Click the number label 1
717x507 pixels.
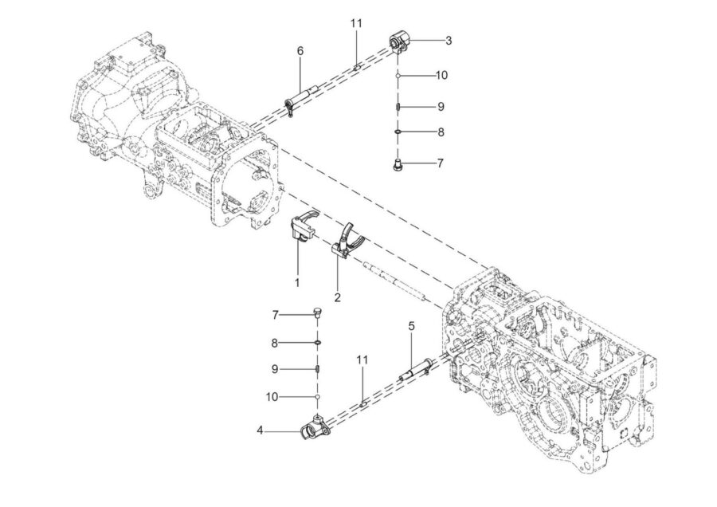point(297,282)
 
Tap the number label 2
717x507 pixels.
point(338,297)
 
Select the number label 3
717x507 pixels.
point(449,41)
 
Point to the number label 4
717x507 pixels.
point(260,430)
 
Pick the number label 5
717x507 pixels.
point(412,326)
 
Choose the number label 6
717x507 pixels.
point(300,51)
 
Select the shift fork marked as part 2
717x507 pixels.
point(347,240)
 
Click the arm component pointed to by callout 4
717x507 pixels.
point(315,427)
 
